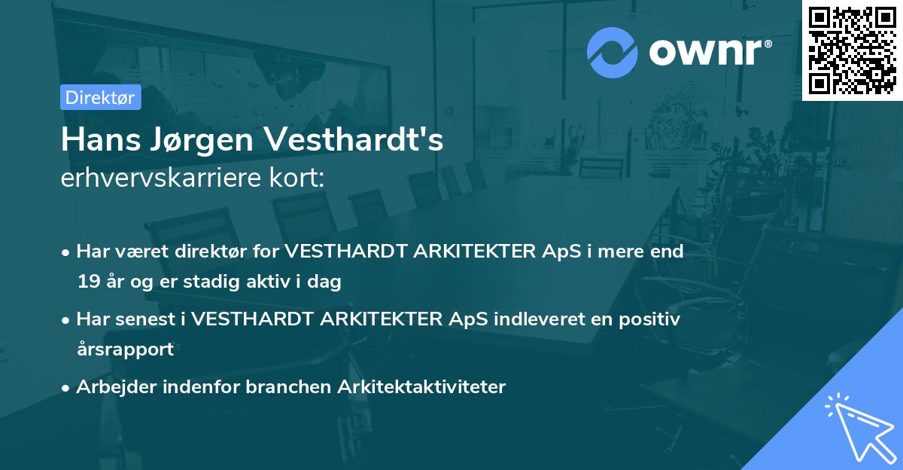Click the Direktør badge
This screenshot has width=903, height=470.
pyautogui.click(x=100, y=97)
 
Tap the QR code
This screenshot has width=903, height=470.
pyautogui.click(x=852, y=50)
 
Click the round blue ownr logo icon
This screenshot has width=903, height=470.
pyautogui.click(x=613, y=52)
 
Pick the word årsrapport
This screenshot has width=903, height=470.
pyautogui.click(x=125, y=349)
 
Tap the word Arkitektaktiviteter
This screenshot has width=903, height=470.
pyautogui.click(x=421, y=387)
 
